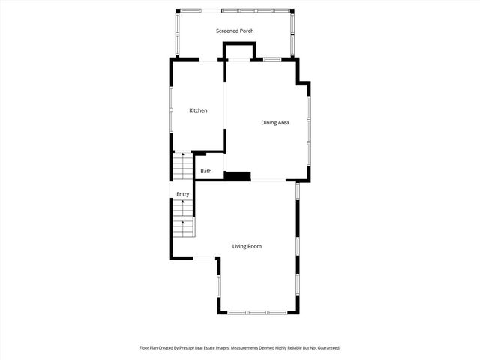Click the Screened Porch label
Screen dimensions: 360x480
(x=235, y=31)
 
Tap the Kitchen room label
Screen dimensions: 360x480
(x=198, y=111)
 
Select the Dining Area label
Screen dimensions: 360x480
(x=275, y=122)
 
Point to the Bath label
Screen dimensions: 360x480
(x=206, y=172)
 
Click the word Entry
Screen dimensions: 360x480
(x=183, y=195)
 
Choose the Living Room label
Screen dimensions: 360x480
(x=247, y=246)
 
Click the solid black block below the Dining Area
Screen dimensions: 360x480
(x=238, y=176)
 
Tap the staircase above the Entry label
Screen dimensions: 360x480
(x=183, y=165)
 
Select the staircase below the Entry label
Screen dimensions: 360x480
(x=185, y=225)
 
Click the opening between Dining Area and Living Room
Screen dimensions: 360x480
(x=268, y=181)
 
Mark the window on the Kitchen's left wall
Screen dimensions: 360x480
(x=171, y=109)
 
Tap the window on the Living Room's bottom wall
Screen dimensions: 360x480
(x=258, y=312)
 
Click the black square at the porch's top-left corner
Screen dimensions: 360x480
(x=178, y=10)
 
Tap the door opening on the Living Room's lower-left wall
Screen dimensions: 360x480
(x=205, y=259)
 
